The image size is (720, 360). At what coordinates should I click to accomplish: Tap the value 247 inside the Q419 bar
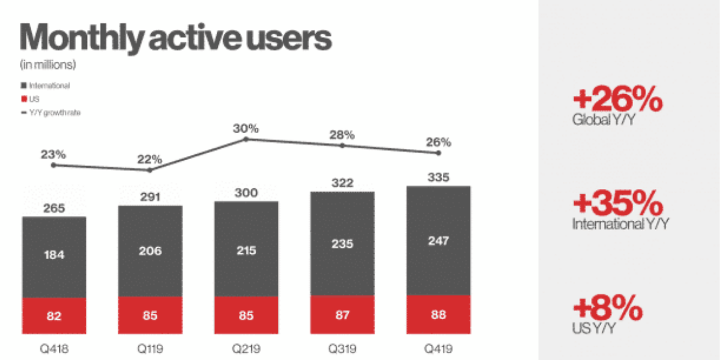click(439, 241)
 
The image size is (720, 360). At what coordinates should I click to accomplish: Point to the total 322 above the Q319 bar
click(342, 182)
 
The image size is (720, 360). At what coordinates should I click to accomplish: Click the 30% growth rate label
click(246, 128)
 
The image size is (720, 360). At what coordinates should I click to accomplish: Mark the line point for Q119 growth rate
click(150, 170)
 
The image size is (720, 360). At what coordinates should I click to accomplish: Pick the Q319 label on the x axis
click(342, 347)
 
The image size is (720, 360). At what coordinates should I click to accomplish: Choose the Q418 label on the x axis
click(54, 347)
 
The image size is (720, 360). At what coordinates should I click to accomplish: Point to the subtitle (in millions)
click(48, 64)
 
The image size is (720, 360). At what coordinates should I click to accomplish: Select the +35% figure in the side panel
click(617, 206)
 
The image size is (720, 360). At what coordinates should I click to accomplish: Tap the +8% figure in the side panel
click(607, 310)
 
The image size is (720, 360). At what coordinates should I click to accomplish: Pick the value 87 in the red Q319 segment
click(342, 314)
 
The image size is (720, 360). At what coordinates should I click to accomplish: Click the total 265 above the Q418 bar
click(54, 209)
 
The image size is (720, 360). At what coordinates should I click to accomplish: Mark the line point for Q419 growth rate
click(439, 153)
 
